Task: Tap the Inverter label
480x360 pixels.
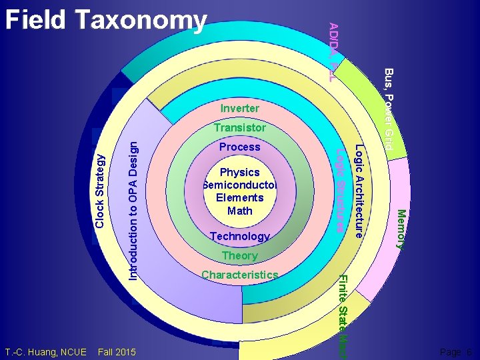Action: click(239, 108)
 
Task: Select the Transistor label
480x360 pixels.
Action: click(239, 127)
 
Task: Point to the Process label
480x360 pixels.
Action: click(239, 147)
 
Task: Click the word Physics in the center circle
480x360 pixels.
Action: click(239, 172)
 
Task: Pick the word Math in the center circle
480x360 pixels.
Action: click(239, 211)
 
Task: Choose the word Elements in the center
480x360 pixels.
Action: click(239, 197)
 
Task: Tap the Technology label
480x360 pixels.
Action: click(239, 236)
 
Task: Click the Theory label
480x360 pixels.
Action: click(239, 255)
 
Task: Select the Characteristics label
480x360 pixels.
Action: click(239, 275)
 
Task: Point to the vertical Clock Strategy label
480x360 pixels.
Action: click(100, 191)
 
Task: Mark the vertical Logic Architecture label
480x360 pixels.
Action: click(359, 191)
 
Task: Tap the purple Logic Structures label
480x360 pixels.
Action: click(341, 191)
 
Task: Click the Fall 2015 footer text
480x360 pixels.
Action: click(116, 351)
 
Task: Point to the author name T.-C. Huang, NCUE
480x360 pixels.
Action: click(45, 351)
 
